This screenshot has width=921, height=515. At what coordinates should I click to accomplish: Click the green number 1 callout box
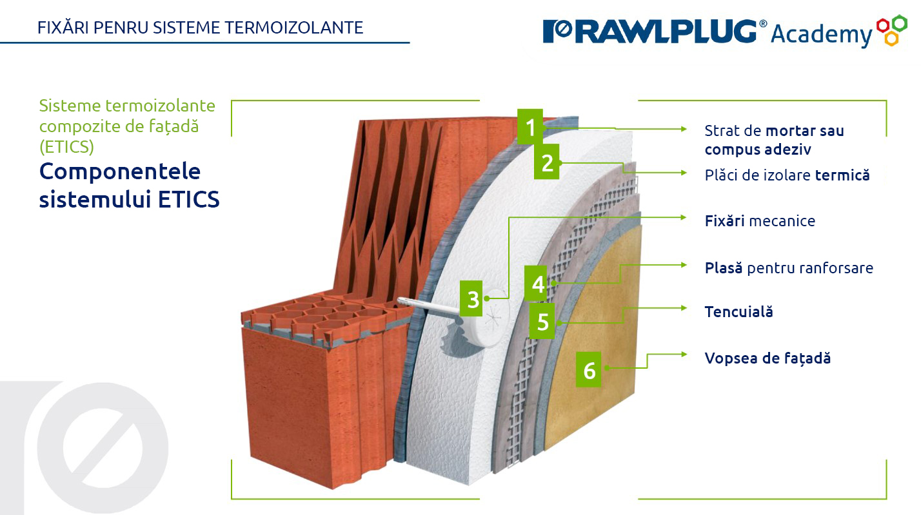point(530,127)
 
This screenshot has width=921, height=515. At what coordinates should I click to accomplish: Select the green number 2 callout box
point(547,162)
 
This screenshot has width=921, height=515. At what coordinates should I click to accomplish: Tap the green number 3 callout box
point(473,299)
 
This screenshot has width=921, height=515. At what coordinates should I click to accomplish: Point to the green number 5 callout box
point(542,321)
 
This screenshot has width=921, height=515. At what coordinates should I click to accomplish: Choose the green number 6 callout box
point(589,371)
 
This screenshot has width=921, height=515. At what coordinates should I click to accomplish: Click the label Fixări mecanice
point(760,221)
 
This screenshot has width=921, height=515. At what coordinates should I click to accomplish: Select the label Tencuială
point(738,312)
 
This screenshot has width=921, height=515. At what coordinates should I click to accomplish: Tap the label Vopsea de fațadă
point(767,358)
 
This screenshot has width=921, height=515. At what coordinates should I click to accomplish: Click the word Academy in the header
point(821,34)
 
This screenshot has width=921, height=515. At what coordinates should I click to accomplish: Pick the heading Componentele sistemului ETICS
point(129,185)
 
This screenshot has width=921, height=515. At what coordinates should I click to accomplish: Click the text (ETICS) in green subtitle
point(66,147)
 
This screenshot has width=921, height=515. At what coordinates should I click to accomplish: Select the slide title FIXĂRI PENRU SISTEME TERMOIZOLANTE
point(200,27)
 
